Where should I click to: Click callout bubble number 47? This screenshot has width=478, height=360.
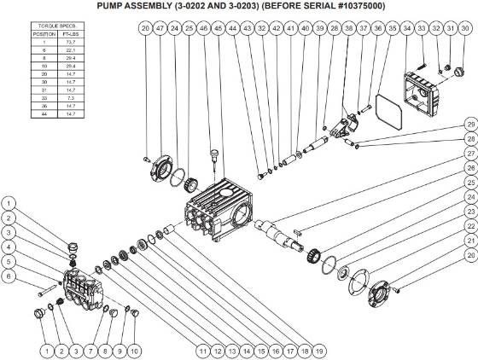coord(160,29)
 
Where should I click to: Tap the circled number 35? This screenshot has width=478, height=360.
coord(392,29)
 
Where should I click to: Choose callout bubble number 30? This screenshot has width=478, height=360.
coord(464,29)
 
